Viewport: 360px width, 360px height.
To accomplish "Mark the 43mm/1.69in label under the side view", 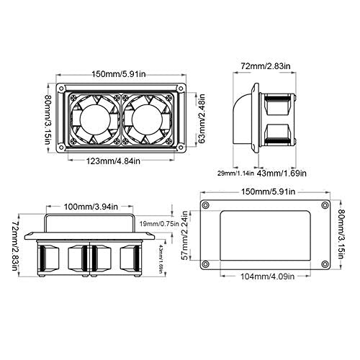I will pyautogui.click(x=282, y=173).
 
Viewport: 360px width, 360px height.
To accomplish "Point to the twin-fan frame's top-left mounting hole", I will pyautogui.click(x=63, y=92).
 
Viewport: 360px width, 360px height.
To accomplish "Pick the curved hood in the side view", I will pyautogui.click(x=246, y=120).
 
